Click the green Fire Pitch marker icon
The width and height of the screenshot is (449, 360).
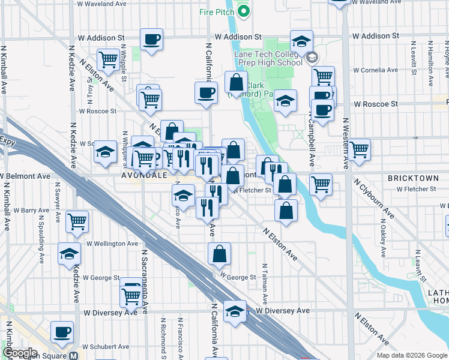[244, 10]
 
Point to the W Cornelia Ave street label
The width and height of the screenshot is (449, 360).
[376, 70]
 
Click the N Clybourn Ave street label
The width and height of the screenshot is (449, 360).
[374, 197]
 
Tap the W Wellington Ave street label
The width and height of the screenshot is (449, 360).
[112, 244]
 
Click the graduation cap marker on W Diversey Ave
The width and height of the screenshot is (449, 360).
[235, 311]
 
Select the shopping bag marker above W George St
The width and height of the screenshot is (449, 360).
[220, 254]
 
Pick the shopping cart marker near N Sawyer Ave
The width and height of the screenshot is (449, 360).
[77, 221]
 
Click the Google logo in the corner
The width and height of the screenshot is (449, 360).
[19, 353]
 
